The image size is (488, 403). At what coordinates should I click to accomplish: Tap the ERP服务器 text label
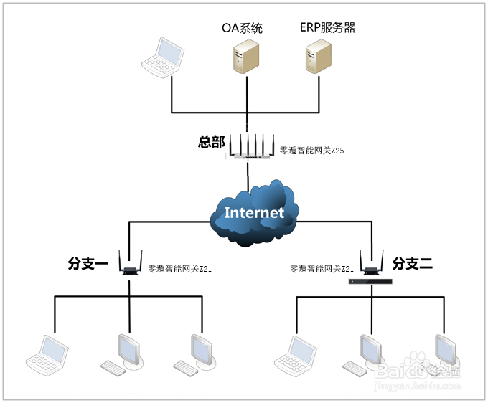click(x=327, y=28)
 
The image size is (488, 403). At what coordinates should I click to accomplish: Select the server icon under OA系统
click(x=245, y=57)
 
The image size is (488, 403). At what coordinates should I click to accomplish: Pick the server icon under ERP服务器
click(x=318, y=57)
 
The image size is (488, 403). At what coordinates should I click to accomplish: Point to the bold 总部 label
click(x=212, y=142)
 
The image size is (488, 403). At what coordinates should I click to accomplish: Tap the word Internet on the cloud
click(x=254, y=212)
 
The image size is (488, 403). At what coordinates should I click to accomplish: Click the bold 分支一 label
click(x=88, y=265)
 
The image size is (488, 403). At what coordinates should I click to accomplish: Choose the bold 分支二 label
click(x=413, y=264)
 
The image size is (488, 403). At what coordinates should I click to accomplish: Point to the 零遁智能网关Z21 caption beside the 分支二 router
click(x=322, y=269)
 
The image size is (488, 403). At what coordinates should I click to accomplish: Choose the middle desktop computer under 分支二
click(x=364, y=353)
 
